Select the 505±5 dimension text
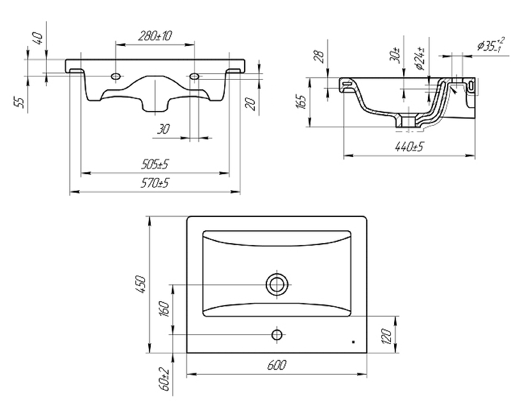pos(155,165)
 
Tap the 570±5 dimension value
pos(155,184)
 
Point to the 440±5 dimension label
pos(409,147)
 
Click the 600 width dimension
pos(275,366)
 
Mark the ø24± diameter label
pos(420,57)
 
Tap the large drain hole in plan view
pos(277,283)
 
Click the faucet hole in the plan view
pos(277,334)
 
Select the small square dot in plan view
pos(353,342)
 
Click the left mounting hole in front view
pos(116,77)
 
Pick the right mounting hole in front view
pos(195,77)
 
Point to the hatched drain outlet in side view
pos(404,120)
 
